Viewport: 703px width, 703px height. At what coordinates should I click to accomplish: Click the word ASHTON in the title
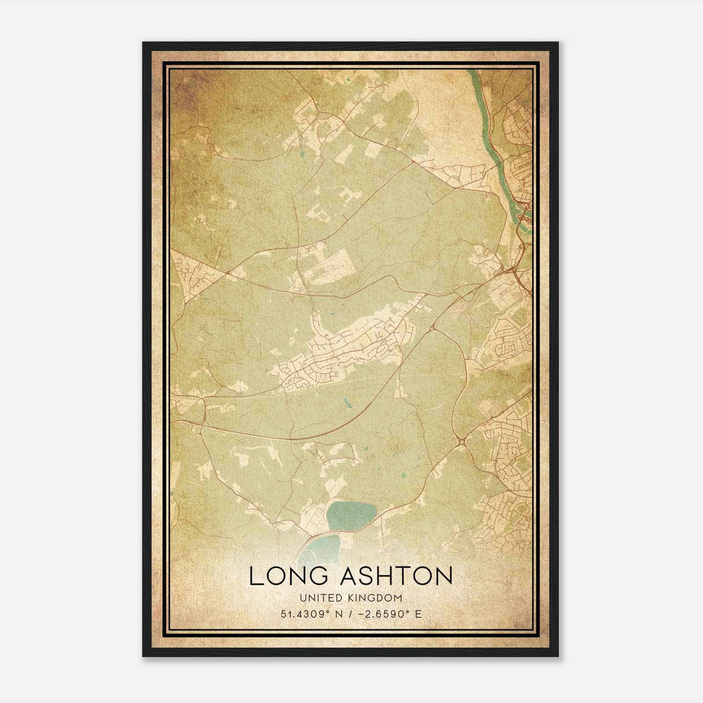pos(397,576)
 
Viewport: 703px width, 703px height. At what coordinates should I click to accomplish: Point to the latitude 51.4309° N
pos(312,614)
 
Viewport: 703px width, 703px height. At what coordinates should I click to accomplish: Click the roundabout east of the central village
pos(432,327)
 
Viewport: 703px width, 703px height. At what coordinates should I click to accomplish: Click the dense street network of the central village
pos(338,351)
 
